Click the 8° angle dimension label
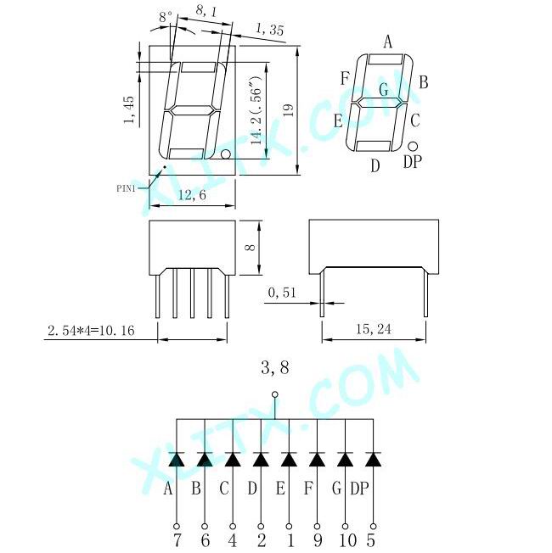[165, 16]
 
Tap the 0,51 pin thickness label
[283, 293]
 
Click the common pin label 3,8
[274, 367]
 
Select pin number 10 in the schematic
[345, 539]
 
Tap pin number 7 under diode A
[177, 539]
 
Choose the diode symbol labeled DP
[373, 460]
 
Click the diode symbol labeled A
[177, 460]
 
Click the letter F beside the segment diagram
[345, 79]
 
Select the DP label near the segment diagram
[412, 161]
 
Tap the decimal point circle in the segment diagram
[413, 145]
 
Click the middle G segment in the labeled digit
[380, 102]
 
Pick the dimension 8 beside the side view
[249, 247]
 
